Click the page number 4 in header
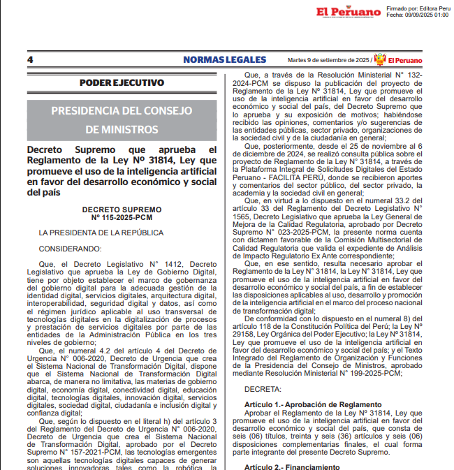[x=30, y=60]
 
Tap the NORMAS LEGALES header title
[x=224, y=60]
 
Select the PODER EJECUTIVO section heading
[x=122, y=83]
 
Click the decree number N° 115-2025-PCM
[x=122, y=217]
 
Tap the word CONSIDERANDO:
[x=70, y=248]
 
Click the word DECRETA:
[x=263, y=387]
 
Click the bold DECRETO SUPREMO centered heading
[x=122, y=210]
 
